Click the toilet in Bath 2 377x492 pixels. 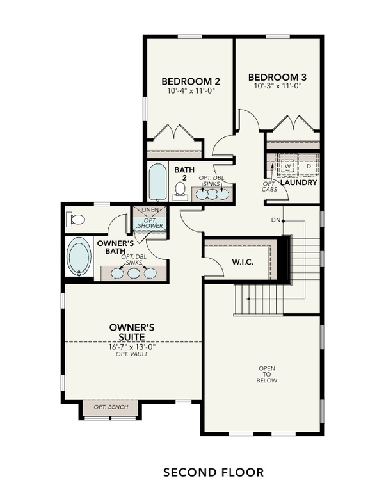pyautogui.click(x=181, y=189)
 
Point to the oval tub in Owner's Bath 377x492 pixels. pyautogui.click(x=80, y=257)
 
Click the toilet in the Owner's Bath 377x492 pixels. pyautogui.click(x=76, y=220)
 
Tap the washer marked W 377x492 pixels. pyautogui.click(x=287, y=167)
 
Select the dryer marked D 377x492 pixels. pyautogui.click(x=308, y=167)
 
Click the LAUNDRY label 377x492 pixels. pyautogui.click(x=298, y=183)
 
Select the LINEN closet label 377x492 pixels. pyautogui.click(x=150, y=210)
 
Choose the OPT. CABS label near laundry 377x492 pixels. pyautogui.click(x=269, y=186)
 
